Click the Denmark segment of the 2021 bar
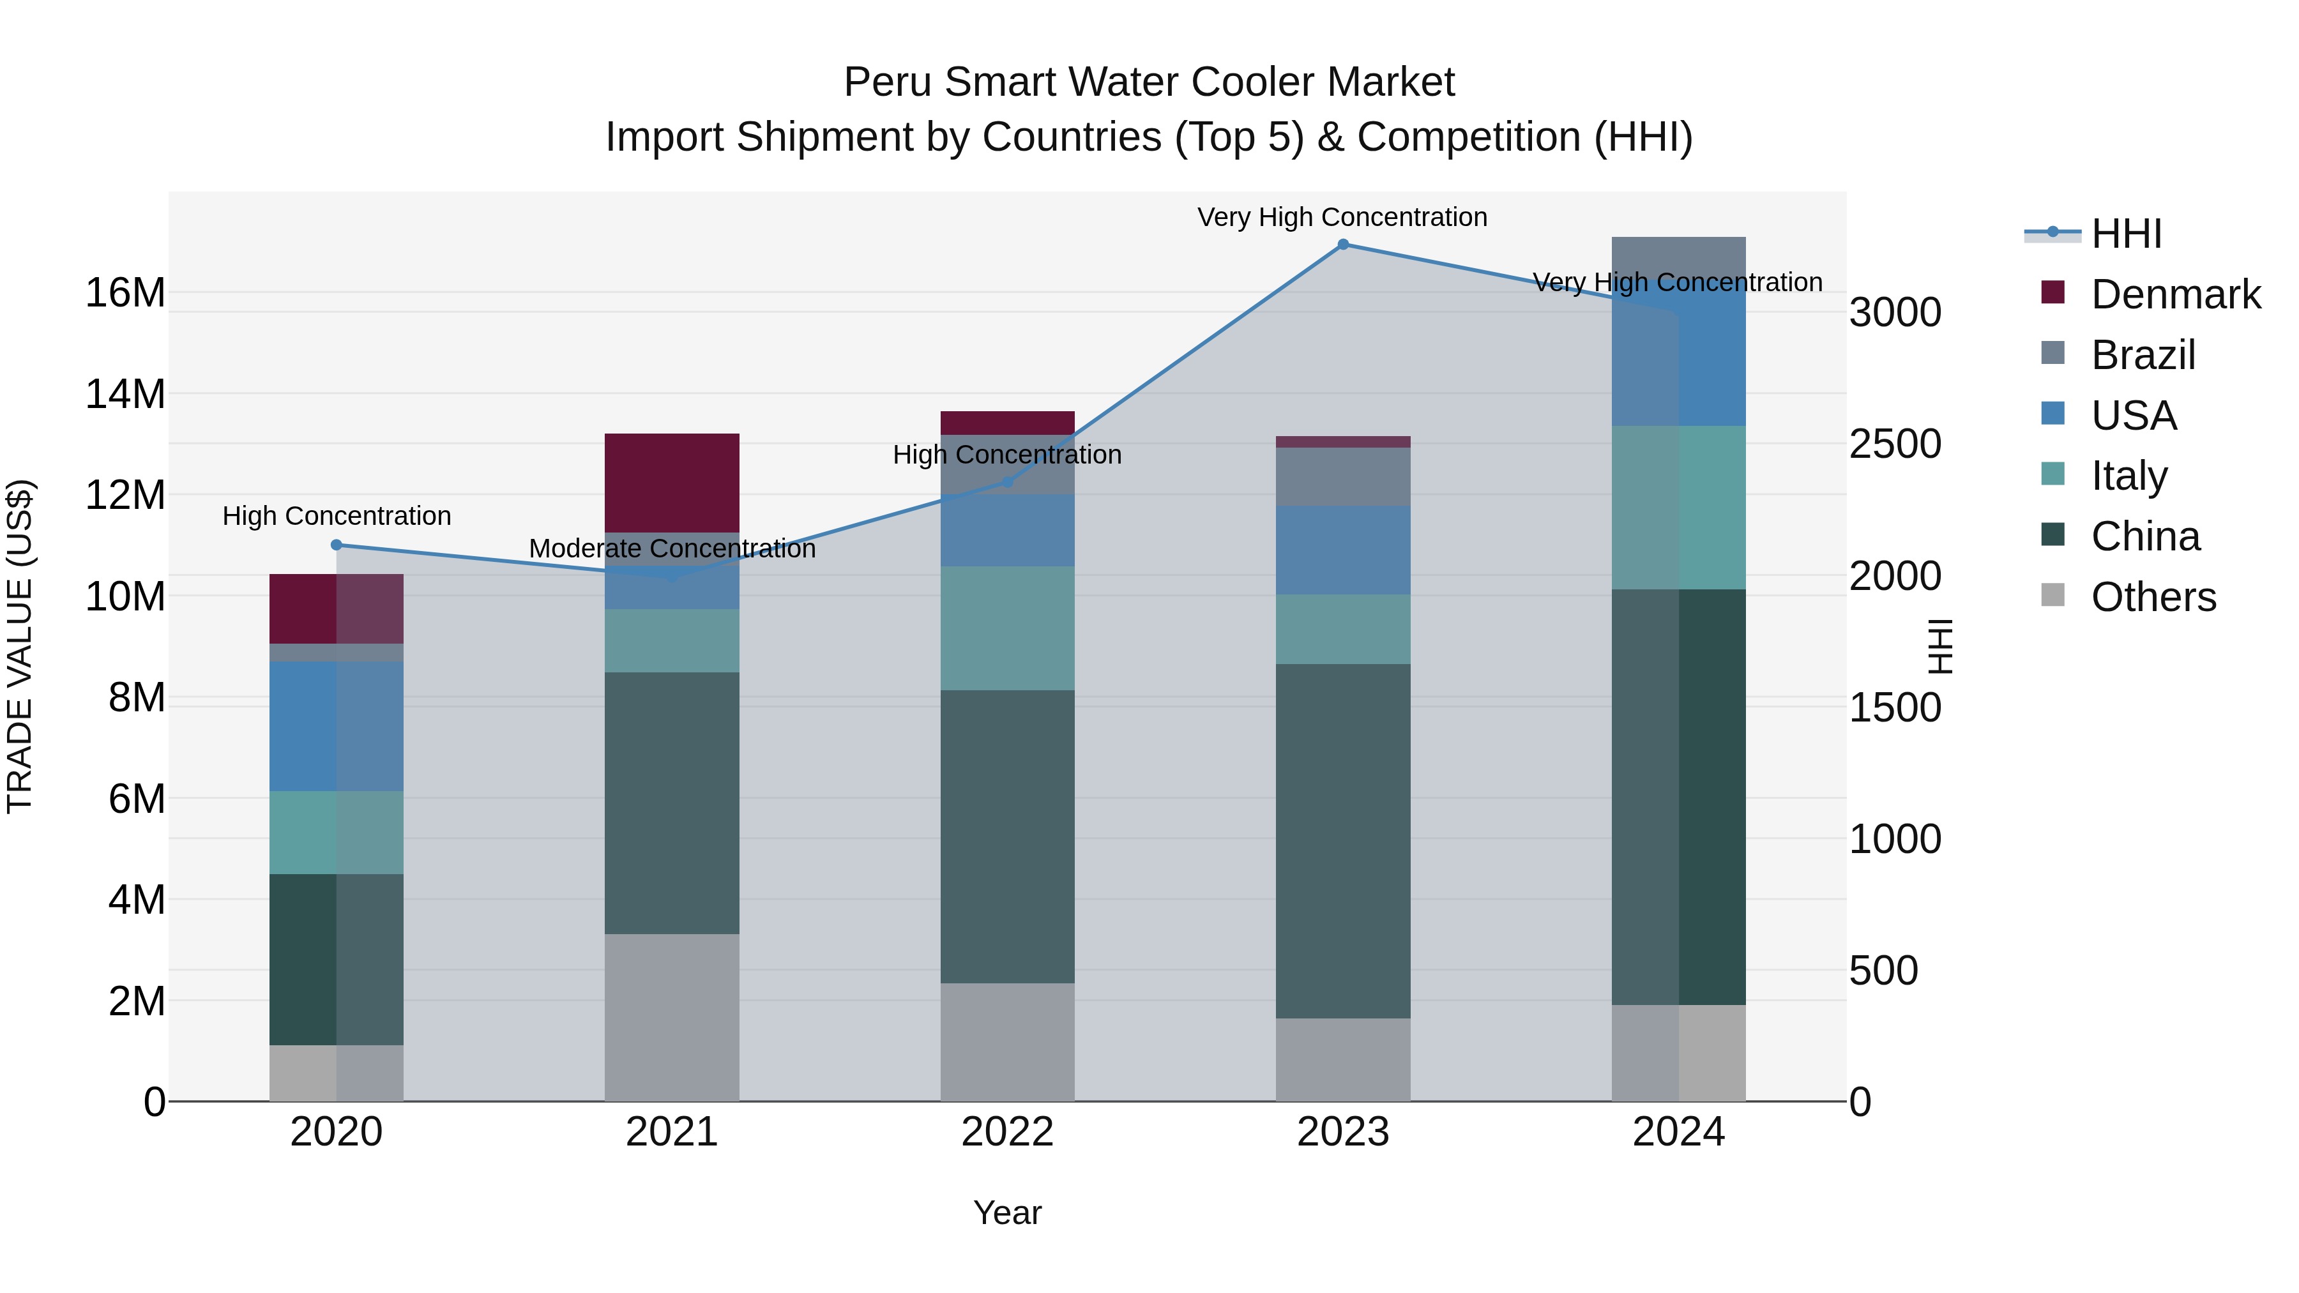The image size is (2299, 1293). click(x=671, y=482)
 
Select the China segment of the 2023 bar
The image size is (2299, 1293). click(x=1342, y=840)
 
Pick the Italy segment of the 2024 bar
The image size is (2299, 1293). click(x=1678, y=507)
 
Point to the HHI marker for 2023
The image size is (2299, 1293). click(x=1342, y=244)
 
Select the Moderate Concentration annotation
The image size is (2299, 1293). click(x=672, y=548)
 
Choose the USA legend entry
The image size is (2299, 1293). click(x=2133, y=416)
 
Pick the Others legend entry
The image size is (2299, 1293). click(x=2153, y=597)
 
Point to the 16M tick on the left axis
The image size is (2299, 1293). click(x=125, y=292)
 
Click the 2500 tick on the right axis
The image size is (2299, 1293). click(x=1894, y=444)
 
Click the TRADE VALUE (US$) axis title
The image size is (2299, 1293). click(x=20, y=646)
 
